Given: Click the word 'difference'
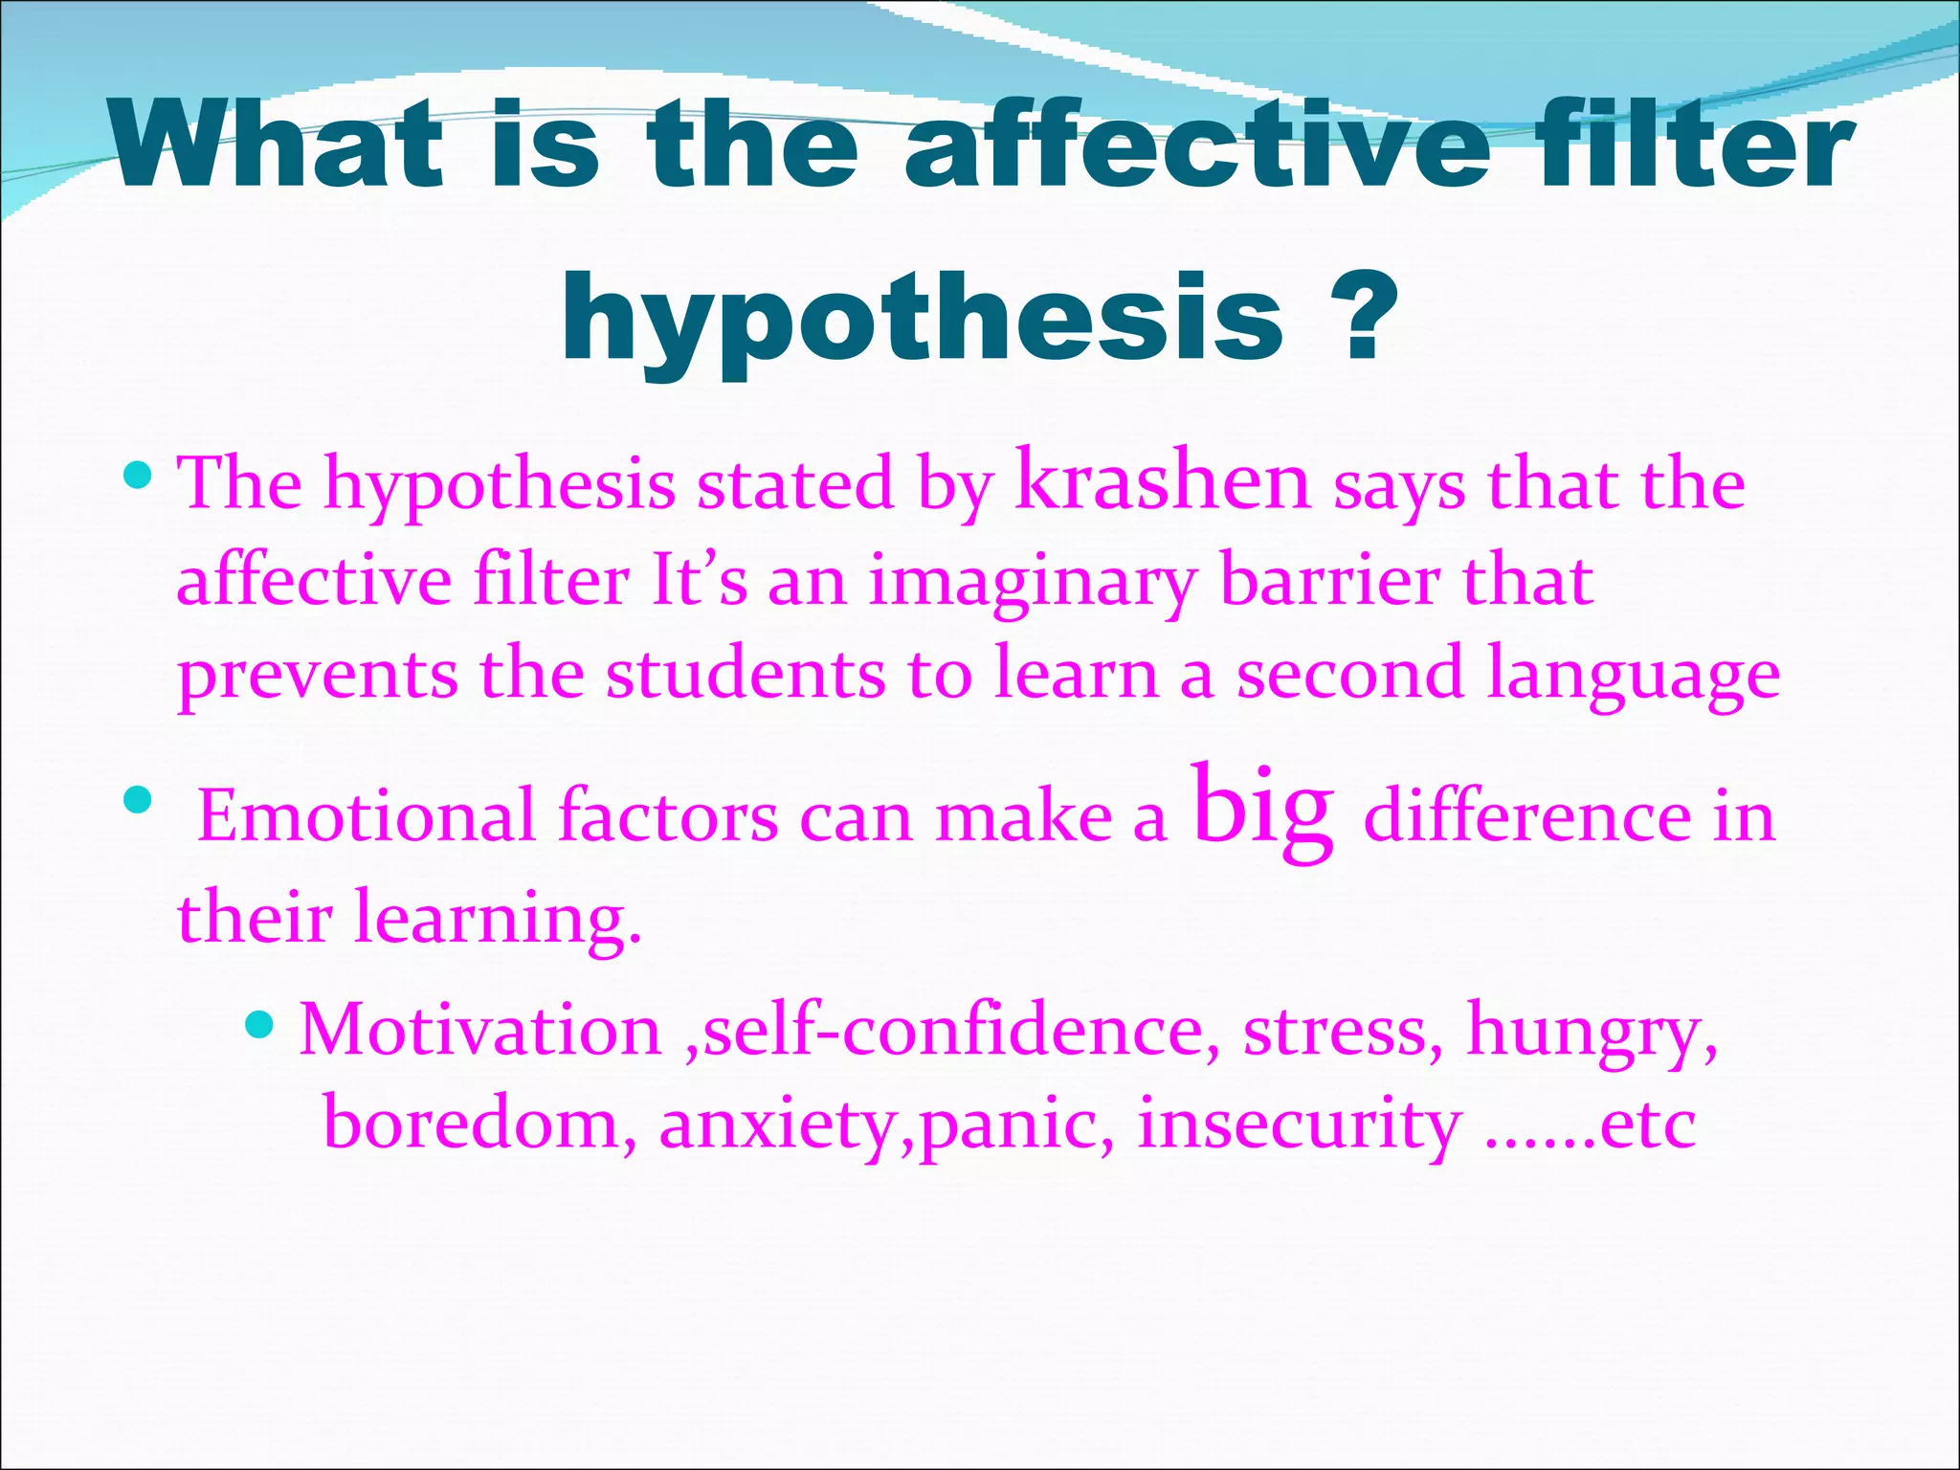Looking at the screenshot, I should [x=1526, y=817].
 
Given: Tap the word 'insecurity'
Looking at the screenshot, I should [x=1300, y=1124].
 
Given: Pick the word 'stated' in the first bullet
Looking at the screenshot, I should [x=794, y=484].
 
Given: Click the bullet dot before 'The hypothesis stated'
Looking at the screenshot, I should [x=139, y=473].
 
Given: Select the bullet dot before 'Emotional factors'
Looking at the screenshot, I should [x=139, y=798].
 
